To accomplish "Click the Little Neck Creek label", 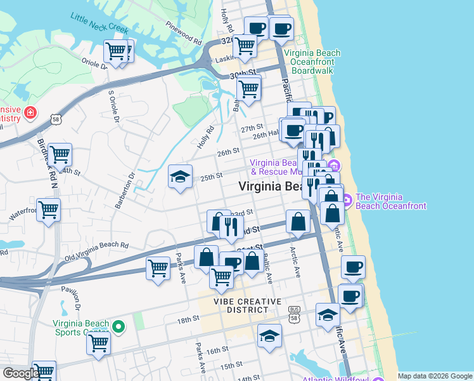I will point(99,23).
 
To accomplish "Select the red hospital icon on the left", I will point(30,113).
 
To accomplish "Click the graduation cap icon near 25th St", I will point(180,177).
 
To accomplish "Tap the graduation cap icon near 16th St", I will point(269,336).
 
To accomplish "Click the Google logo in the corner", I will point(21,373).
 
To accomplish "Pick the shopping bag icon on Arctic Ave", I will point(298,222).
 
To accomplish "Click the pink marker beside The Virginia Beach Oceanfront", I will point(347,201).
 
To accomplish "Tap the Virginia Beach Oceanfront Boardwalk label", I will point(312,62).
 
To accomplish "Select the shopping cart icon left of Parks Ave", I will point(158,267).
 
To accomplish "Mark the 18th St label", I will point(188,321).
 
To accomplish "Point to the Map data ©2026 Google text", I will point(434,376).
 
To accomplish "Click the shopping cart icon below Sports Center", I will point(99,343).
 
